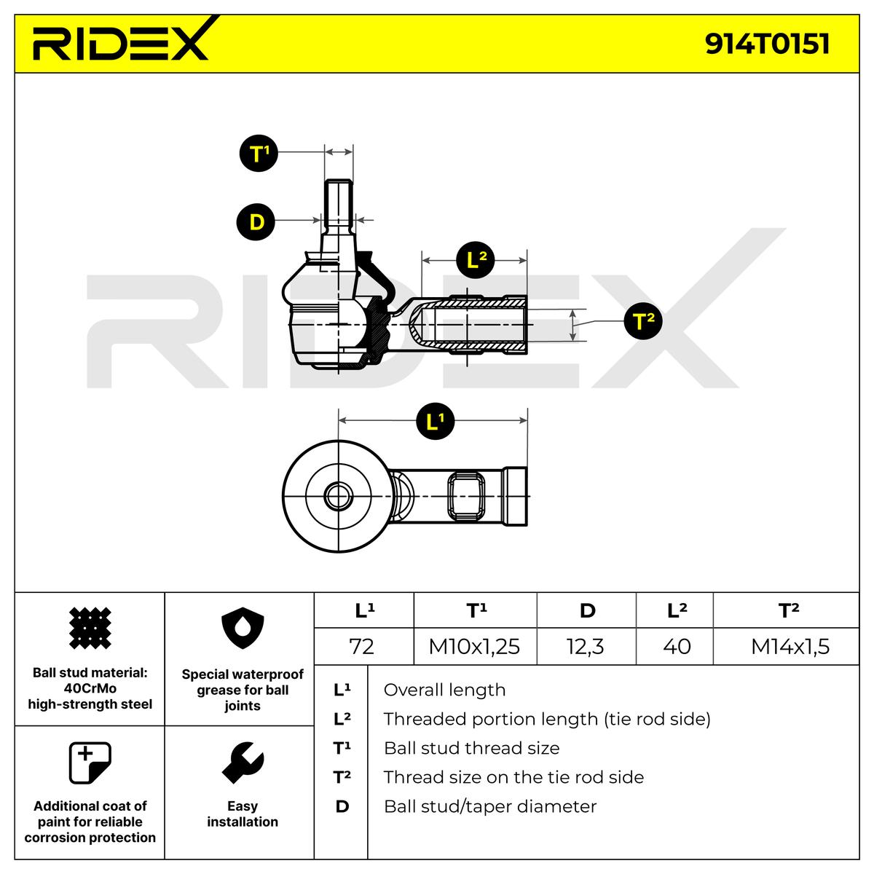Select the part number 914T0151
coord(767,44)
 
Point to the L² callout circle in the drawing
coord(476,260)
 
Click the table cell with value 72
coord(362,646)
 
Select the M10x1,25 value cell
coord(474,646)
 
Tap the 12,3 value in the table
coord(586,646)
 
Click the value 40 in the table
coord(677,646)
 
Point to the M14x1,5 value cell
coord(790,646)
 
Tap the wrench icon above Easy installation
coord(242,763)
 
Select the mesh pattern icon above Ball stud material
coord(90,629)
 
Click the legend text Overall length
coord(444,690)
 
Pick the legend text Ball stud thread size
coord(471,748)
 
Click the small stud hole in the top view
coord(336,497)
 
